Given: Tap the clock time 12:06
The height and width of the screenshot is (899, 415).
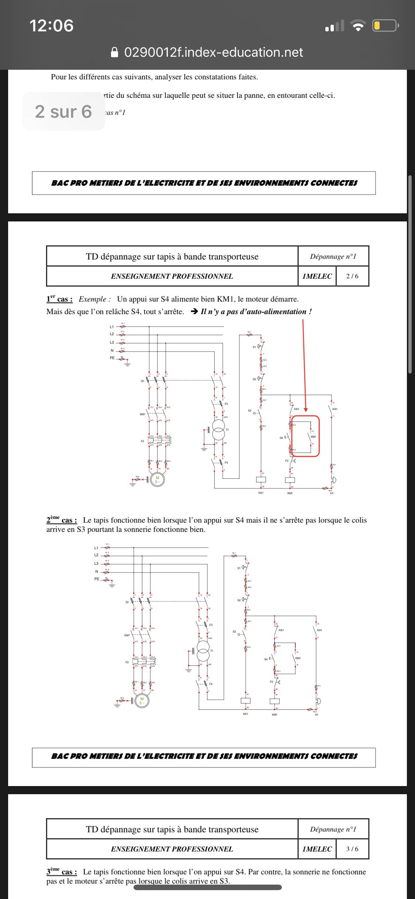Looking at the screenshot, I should point(51,26).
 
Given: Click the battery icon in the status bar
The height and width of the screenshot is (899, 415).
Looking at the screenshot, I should point(385,25).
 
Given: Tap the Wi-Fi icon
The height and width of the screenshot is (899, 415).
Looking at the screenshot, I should point(357,26).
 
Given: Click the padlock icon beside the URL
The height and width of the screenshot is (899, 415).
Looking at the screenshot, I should point(115,52).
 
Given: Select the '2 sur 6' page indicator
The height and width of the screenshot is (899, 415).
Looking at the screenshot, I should point(63,111).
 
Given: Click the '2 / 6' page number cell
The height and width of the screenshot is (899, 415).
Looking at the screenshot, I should point(352,276).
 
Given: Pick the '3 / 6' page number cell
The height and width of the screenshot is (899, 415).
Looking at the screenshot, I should point(352,849).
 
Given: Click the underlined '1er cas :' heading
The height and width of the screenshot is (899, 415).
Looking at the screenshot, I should point(59,299).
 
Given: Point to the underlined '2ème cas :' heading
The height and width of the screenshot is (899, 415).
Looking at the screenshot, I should point(62,520).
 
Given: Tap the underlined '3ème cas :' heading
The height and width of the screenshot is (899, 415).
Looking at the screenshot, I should point(62,872).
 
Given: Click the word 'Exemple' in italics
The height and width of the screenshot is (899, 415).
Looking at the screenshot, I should point(93,299).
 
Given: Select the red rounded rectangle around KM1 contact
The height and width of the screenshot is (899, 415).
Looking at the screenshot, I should point(305,436).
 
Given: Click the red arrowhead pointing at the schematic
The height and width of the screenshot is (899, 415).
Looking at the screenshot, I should point(305,410).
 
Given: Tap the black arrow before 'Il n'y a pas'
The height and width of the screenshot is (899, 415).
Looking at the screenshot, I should point(194,311).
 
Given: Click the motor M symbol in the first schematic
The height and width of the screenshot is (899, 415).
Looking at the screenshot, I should point(157,480).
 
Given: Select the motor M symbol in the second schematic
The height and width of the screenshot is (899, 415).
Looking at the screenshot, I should point(142,701).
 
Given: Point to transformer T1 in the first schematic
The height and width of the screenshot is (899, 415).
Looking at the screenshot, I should point(218,430).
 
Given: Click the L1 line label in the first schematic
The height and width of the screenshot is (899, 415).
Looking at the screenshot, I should point(112,327).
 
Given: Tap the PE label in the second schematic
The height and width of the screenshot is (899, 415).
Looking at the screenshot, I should point(97,579).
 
